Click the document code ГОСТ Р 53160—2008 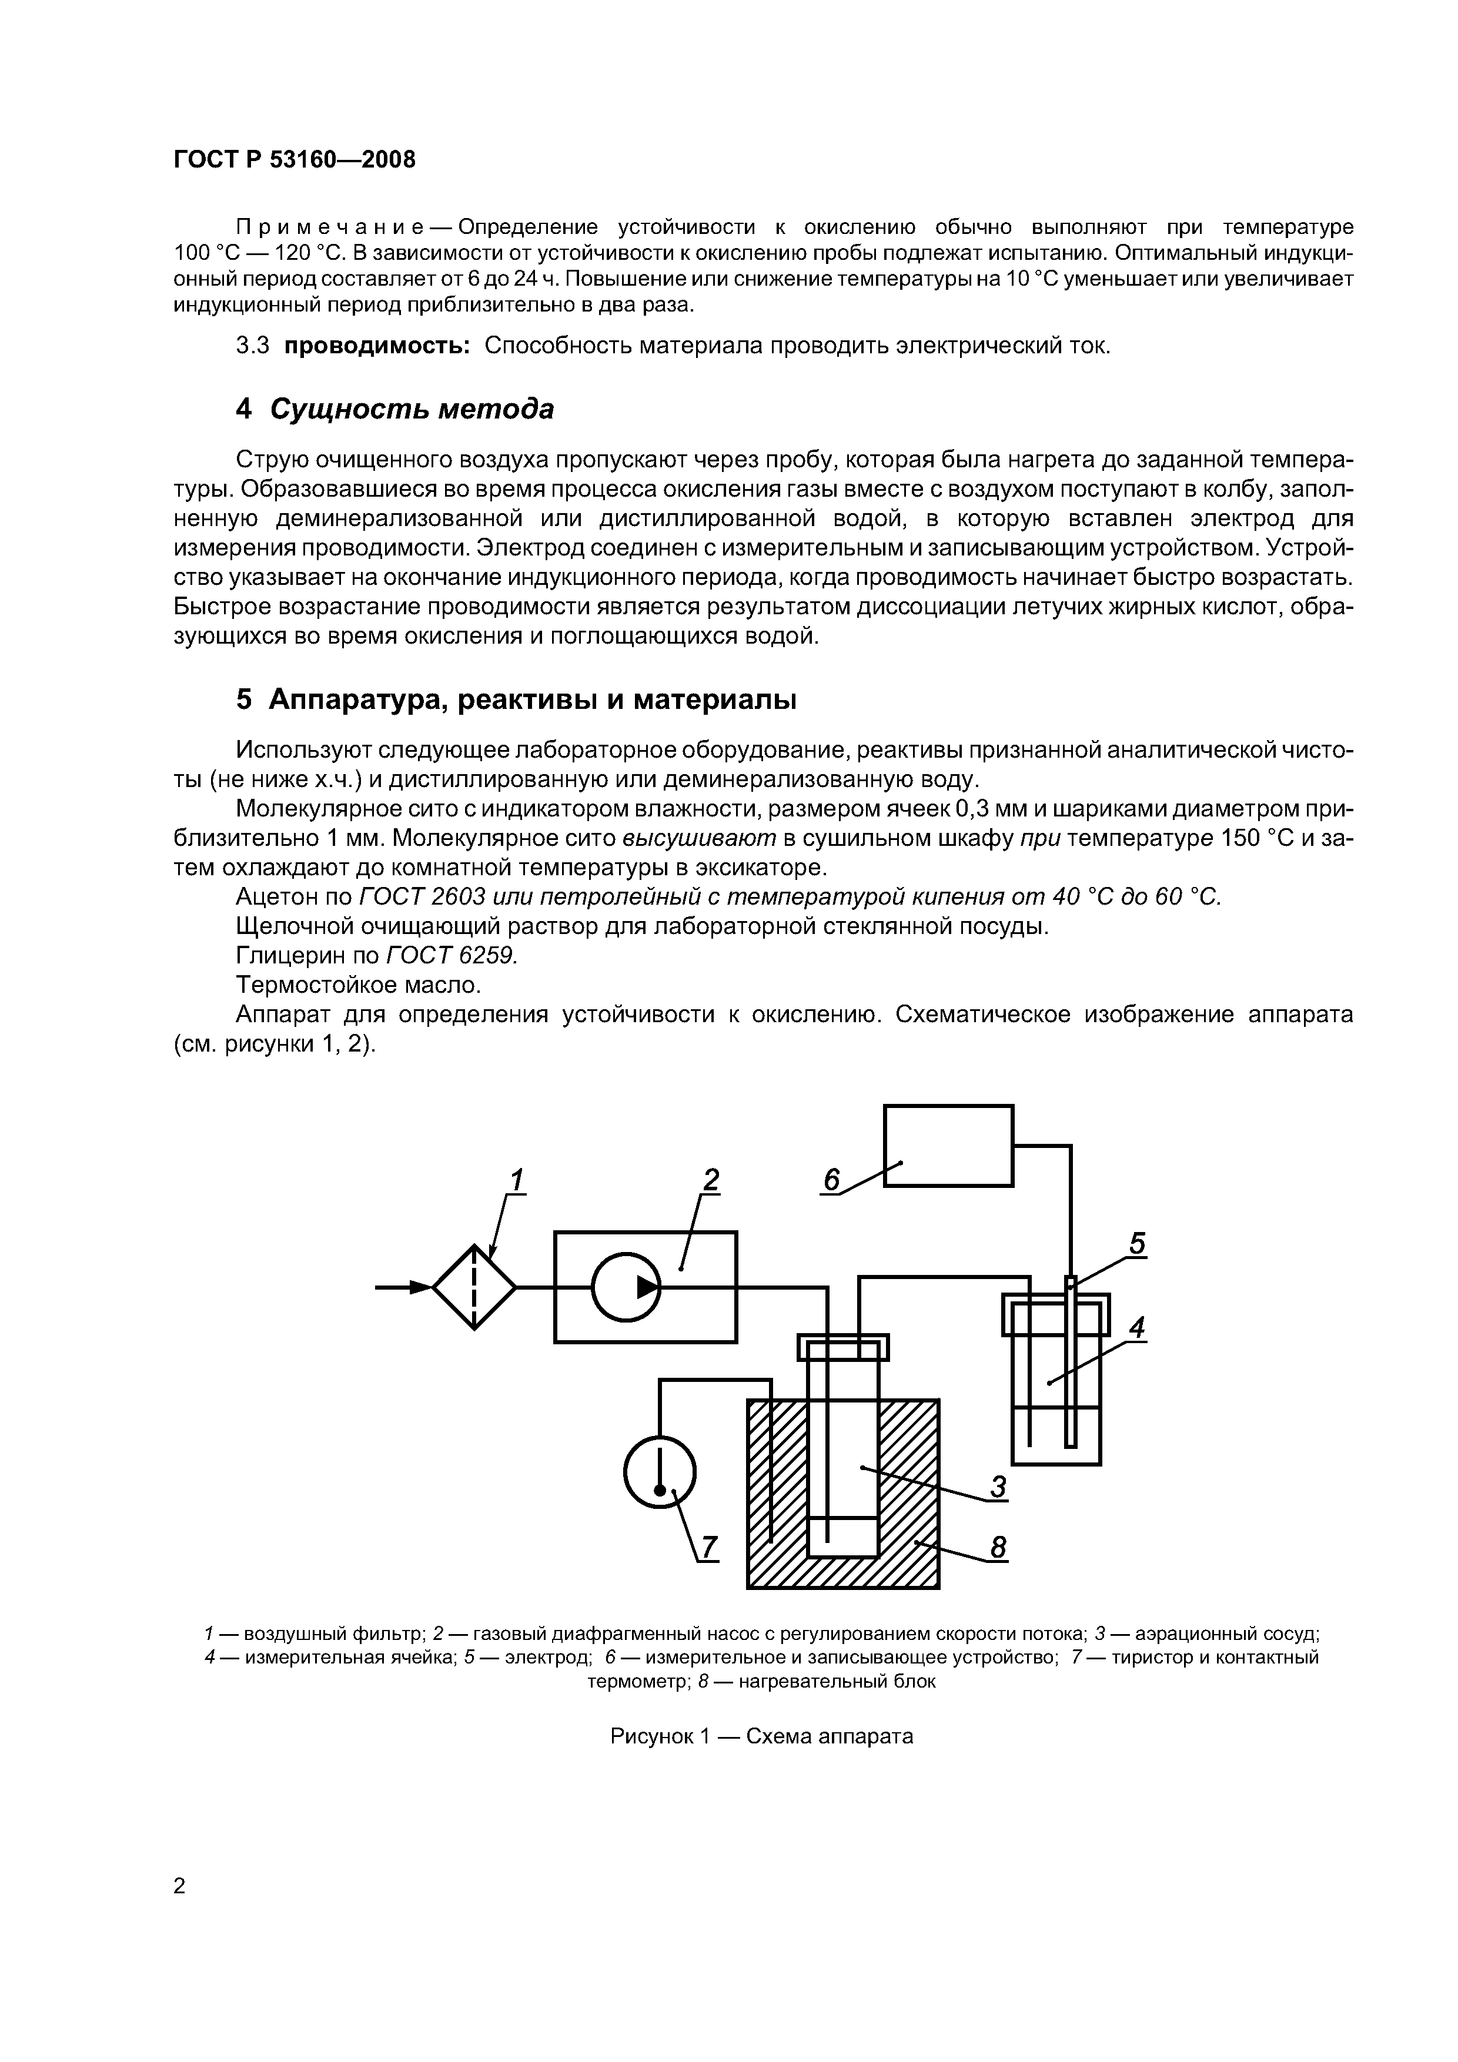tap(295, 160)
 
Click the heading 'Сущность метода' tap(412, 410)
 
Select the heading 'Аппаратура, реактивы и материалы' tap(532, 699)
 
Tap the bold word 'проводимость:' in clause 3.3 tap(377, 346)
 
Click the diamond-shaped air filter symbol tap(473, 1287)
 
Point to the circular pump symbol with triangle tap(626, 1287)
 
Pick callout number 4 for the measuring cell tap(1137, 1327)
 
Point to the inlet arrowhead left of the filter tap(420, 1287)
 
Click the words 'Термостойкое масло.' tap(359, 985)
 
